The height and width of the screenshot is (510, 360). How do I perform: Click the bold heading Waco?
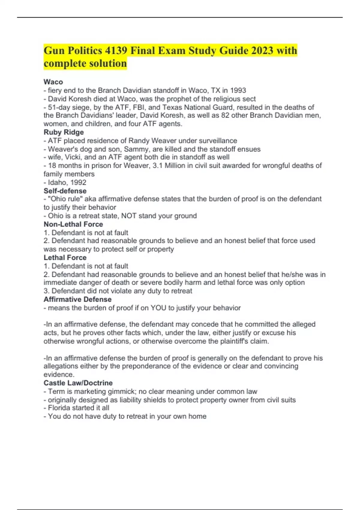(x=53, y=82)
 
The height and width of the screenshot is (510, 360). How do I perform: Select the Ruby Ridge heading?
(x=64, y=132)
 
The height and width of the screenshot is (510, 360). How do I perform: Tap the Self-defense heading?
(x=65, y=191)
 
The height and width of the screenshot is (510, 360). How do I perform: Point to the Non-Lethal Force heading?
(x=73, y=224)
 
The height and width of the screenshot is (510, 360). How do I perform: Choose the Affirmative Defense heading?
(x=77, y=299)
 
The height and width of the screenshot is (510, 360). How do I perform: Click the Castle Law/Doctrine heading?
(x=78, y=383)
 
